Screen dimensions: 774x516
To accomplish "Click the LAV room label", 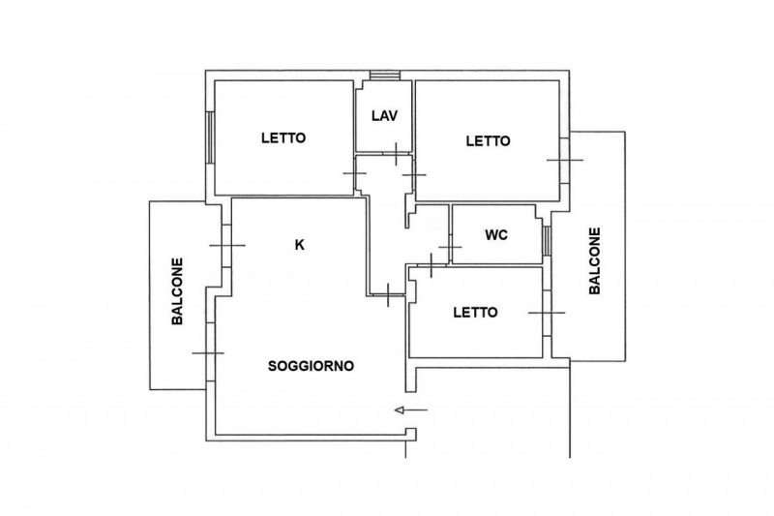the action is [x=384, y=116].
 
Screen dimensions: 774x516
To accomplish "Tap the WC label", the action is [x=496, y=235].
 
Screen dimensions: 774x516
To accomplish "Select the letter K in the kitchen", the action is [x=299, y=244].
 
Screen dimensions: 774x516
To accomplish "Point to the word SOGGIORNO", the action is [x=311, y=366].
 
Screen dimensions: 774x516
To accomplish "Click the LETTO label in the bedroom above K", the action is [x=283, y=137].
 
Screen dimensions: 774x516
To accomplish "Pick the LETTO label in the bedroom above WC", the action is [x=489, y=141].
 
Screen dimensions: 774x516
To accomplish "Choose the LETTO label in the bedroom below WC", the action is [x=475, y=313].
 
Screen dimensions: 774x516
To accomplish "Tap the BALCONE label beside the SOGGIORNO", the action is [x=177, y=291].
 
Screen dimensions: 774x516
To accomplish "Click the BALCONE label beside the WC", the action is [x=595, y=260].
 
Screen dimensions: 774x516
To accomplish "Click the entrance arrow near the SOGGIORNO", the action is [x=411, y=410].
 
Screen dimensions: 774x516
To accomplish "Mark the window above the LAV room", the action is [x=385, y=76].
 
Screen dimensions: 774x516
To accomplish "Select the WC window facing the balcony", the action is [x=547, y=240].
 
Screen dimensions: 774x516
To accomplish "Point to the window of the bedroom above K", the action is [x=210, y=137].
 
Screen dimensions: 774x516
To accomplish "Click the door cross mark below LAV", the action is [x=396, y=154].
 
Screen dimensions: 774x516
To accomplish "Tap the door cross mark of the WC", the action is [x=450, y=247].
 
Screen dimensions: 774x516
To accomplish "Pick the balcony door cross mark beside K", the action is [x=227, y=245].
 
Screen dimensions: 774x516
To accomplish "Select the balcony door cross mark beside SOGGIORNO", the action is [x=208, y=353].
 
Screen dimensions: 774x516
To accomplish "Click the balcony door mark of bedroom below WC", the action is [x=547, y=313].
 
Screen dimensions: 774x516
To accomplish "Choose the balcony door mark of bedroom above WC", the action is [x=565, y=160].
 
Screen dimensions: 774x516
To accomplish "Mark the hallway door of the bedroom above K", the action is [x=355, y=173].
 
